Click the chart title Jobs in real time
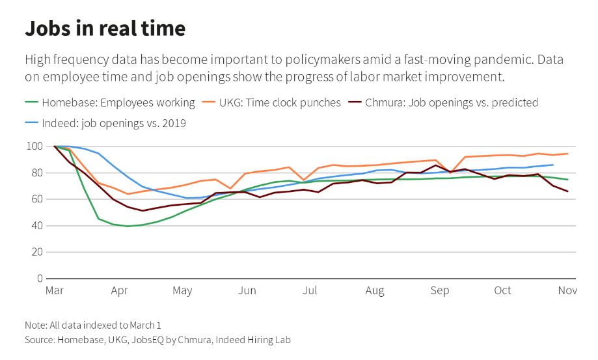[x=105, y=29]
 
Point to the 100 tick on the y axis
[x=34, y=146]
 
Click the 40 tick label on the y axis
[x=37, y=226]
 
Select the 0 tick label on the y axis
[x=40, y=279]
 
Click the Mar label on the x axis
[x=54, y=290]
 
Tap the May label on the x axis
[x=182, y=290]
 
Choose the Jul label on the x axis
[x=311, y=290]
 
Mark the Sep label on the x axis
[x=440, y=290]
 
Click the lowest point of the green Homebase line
[x=128, y=226]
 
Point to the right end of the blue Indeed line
[x=553, y=165]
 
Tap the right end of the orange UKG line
[x=568, y=154]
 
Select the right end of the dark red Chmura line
[x=568, y=191]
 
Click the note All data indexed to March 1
[x=92, y=325]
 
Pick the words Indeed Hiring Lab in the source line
[x=254, y=340]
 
